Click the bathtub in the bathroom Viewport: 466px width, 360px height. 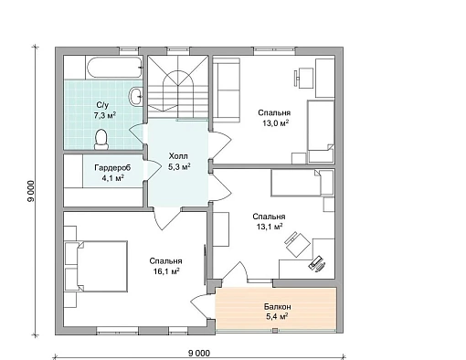(114, 67)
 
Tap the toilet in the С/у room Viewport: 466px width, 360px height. (101, 140)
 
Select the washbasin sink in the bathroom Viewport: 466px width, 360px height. (136, 97)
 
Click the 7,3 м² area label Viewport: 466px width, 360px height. (105, 116)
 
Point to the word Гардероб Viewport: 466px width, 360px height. (112, 168)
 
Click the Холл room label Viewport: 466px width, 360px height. (178, 156)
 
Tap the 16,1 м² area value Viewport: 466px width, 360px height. (166, 271)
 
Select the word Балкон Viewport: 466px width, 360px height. (278, 307)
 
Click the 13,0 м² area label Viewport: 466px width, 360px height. (276, 123)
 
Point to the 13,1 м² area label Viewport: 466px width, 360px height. (270, 227)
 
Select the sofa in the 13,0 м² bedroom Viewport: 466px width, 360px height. (227, 90)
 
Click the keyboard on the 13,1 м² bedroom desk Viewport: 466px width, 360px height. (315, 262)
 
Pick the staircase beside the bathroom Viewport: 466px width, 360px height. (178, 87)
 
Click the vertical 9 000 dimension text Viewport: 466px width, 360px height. (31, 192)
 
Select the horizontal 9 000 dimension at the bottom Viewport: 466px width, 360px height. (199, 354)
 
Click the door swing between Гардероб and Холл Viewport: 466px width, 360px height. (154, 168)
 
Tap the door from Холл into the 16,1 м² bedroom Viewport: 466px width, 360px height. (166, 218)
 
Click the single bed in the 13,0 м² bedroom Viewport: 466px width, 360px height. (321, 132)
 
